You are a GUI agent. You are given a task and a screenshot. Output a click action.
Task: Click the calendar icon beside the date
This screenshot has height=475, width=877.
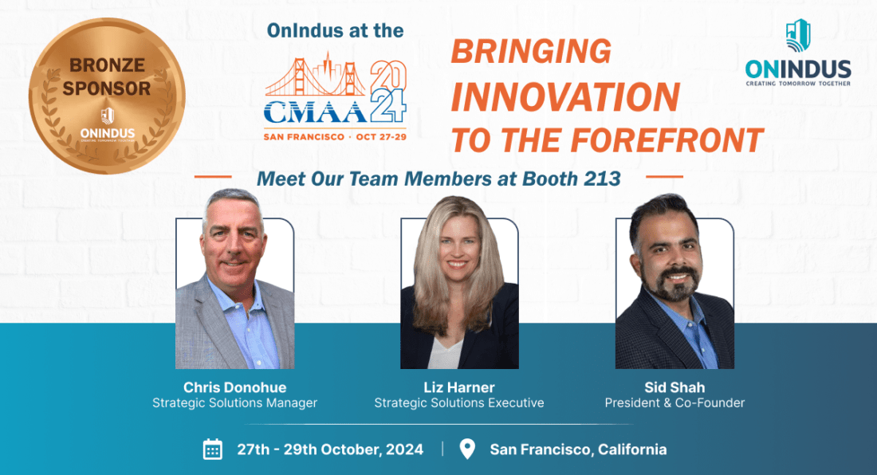coord(213,449)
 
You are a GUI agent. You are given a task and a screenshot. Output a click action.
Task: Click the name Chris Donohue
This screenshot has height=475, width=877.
coord(235,387)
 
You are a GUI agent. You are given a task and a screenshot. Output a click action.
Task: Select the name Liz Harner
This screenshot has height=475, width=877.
coord(459,387)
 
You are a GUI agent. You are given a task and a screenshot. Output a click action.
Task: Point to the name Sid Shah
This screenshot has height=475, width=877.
coord(674,387)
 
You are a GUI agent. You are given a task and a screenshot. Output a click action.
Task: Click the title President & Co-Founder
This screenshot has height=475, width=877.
coord(674,403)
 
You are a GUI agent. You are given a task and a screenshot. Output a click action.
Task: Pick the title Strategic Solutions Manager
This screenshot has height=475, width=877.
coord(235,403)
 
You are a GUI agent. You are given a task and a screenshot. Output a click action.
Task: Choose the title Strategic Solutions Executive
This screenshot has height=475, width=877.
coord(459,403)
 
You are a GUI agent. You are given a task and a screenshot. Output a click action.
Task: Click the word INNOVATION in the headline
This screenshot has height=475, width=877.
coord(565,96)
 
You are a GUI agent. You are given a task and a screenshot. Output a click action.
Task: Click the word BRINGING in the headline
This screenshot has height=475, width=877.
coord(531,52)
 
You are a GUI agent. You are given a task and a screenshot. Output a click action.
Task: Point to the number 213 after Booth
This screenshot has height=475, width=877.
coord(603,179)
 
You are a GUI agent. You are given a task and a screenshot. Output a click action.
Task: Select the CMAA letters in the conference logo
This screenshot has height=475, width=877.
coord(316,112)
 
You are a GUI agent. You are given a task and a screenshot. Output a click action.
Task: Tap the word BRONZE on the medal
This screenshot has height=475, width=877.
coord(107,65)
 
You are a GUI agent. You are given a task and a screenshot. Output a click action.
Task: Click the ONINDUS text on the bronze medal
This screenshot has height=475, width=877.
coord(108,134)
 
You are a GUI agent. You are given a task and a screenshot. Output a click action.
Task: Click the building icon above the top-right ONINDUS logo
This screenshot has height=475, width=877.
coord(798,35)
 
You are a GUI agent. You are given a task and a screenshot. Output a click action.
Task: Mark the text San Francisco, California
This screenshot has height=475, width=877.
coord(578,449)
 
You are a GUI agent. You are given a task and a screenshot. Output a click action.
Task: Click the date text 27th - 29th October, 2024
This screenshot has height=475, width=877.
coord(330,449)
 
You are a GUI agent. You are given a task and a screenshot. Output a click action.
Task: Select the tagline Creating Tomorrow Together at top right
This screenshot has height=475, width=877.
coord(798,84)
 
